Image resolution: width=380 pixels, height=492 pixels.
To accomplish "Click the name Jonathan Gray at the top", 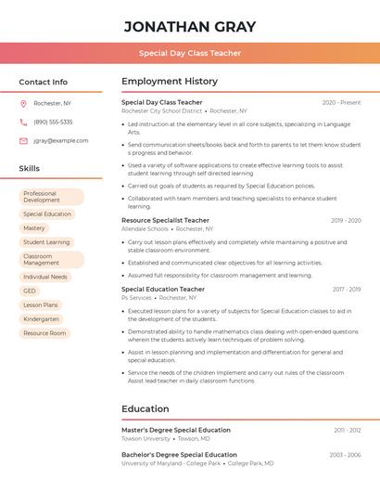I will pos(189,26).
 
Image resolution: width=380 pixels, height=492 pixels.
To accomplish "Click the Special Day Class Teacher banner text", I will pos(189,53).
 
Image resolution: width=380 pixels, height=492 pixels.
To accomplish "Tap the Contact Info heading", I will pos(43,82).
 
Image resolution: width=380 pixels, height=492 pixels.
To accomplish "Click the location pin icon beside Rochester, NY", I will pos(23,103).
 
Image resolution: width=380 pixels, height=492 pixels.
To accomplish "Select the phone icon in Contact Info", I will pos(23,122).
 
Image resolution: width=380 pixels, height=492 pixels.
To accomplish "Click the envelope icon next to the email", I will pos(23,140).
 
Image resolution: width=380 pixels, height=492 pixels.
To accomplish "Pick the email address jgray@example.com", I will pos(61,140).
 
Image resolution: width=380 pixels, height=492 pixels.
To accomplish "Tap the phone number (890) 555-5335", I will pos(53,122).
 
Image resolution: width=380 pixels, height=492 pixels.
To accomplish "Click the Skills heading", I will pos(29,168).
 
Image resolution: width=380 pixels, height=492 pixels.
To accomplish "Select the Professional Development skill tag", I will pos(51,197).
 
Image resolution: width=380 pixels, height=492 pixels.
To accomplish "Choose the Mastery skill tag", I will pos(34,227).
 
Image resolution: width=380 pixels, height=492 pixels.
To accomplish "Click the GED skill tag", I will pos(30,291).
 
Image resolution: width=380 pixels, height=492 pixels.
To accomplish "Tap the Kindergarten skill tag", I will pos(41,318).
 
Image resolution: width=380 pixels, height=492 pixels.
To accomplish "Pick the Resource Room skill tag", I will pos(44,332).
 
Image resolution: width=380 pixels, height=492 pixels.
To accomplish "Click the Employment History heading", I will pos(169,81).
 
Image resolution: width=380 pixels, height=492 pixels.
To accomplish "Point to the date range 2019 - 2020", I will pos(346,220).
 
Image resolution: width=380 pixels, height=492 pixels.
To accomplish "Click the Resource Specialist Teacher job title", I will pos(165,220).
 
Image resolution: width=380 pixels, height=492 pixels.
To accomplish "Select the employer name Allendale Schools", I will pos(145,228).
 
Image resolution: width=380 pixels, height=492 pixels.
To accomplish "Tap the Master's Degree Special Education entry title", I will pos(176,430).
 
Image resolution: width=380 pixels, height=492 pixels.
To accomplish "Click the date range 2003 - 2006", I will pos(345,455).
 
